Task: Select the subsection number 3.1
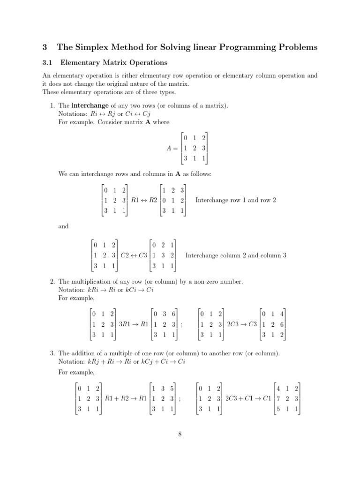47,62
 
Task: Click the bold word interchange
90,106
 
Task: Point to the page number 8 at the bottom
180,434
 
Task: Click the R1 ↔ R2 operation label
144,200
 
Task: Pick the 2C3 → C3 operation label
242,324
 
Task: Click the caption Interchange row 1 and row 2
235,200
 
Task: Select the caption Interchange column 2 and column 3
236,255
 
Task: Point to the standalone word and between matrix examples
63,226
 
